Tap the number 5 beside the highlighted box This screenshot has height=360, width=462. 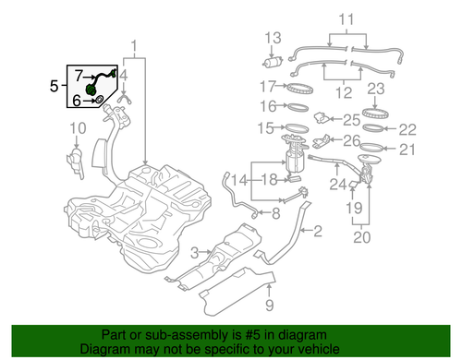[x=54, y=86]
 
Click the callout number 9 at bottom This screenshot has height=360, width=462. [x=270, y=304]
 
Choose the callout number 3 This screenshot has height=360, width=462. [x=195, y=252]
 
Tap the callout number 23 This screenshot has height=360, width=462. [x=375, y=90]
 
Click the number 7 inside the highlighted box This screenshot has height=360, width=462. [x=79, y=74]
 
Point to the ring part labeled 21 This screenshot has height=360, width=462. [x=370, y=149]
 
